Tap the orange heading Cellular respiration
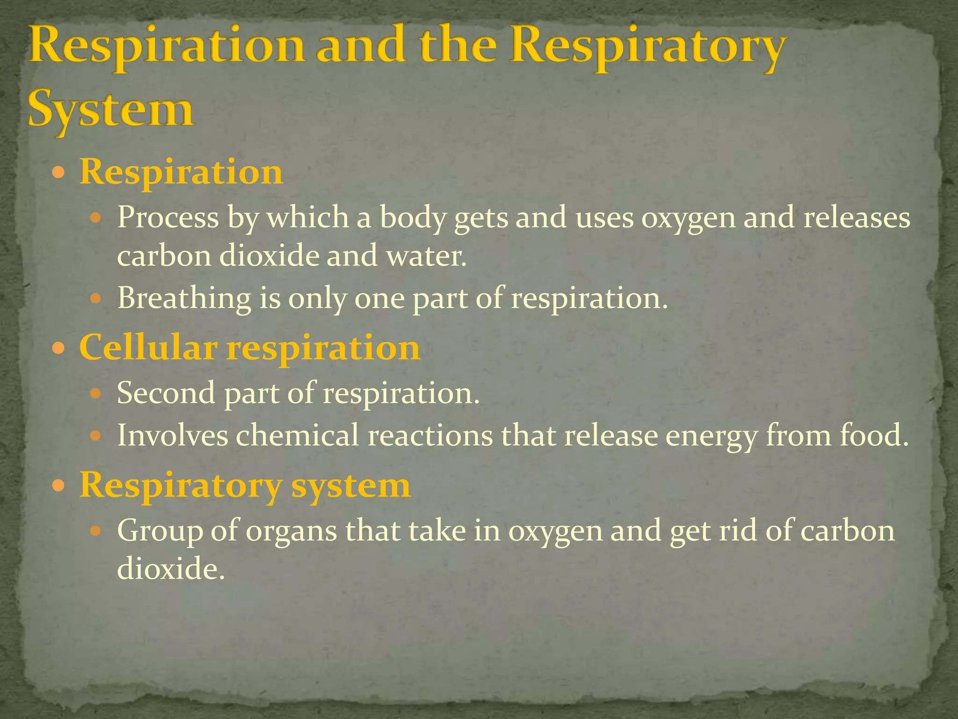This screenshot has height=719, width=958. pyautogui.click(x=250, y=348)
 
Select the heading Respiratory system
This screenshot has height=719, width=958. pyautogui.click(x=245, y=486)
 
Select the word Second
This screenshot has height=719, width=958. pyautogui.click(x=166, y=393)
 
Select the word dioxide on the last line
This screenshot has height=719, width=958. pyautogui.click(x=168, y=569)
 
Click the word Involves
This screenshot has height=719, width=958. pyautogui.click(x=173, y=435)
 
